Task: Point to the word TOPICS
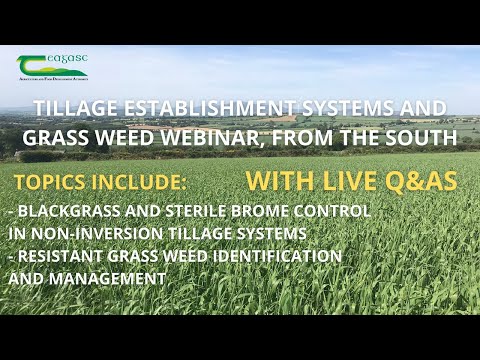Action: tap(50, 184)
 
